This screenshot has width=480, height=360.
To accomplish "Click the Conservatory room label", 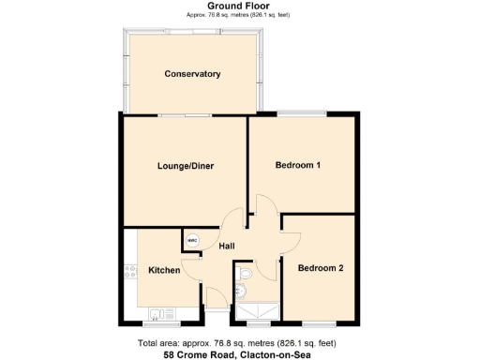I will (x=191, y=74).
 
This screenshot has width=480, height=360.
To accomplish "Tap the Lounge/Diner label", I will (x=186, y=166).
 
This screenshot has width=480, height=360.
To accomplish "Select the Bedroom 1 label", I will (x=298, y=166).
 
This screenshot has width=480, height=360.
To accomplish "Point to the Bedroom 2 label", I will (x=321, y=268).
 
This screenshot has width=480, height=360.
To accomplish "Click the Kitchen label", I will (x=164, y=270).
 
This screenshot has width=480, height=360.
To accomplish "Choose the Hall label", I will (x=227, y=247).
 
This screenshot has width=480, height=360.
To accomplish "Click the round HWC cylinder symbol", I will (x=191, y=240).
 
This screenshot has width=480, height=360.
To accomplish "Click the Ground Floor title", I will (x=241, y=6).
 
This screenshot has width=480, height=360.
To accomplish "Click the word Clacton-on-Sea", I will (x=277, y=354).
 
